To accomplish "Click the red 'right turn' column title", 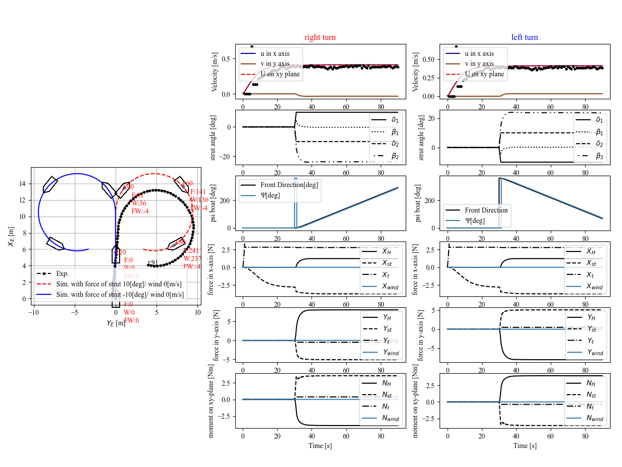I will [320, 37].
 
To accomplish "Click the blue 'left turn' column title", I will [524, 37].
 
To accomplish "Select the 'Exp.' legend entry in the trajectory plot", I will [62, 273].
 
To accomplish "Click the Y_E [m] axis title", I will [116, 323].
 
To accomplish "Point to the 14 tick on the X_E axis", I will [22, 184].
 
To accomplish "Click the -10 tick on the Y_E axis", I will [33, 313].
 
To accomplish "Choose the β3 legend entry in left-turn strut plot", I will [593, 156].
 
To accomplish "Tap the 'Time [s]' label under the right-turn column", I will [320, 446].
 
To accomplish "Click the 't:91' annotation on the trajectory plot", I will [153, 263].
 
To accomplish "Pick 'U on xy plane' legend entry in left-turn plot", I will [485, 74].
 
